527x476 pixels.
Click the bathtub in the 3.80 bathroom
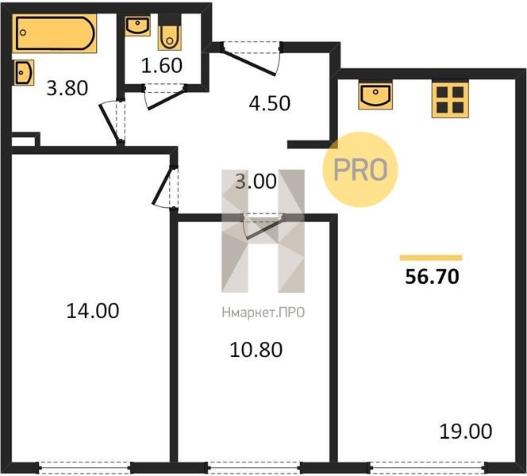click(x=55, y=33)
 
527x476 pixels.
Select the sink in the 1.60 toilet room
click(x=137, y=25)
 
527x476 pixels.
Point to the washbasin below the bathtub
click(x=24, y=72)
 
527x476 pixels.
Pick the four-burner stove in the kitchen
click(x=450, y=100)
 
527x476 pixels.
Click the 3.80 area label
click(x=67, y=88)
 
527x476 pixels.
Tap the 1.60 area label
click(x=162, y=65)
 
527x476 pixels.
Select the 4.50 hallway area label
click(x=270, y=103)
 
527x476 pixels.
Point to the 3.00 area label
click(x=256, y=181)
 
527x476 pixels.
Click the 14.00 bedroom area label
click(x=93, y=311)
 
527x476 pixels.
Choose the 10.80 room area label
click(x=256, y=349)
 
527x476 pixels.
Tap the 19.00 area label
click(x=466, y=432)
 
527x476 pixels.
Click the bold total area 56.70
click(x=432, y=277)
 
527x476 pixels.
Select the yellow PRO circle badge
click(x=360, y=169)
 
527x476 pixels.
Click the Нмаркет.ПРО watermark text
click(x=263, y=313)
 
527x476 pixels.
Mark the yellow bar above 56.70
click(x=431, y=258)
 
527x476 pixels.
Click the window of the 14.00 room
click(x=85, y=467)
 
